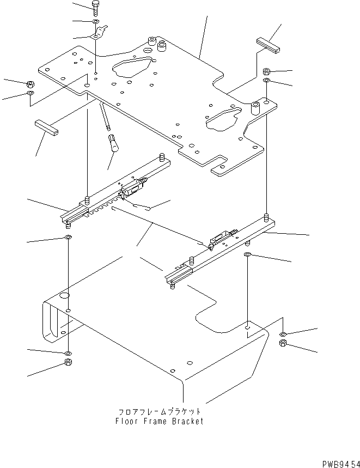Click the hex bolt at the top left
point(95,8)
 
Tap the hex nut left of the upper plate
point(30,84)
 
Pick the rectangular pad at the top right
point(268,45)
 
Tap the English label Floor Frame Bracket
point(159,421)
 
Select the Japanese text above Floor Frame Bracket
point(159,412)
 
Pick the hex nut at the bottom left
point(68,363)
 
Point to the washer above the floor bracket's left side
point(68,238)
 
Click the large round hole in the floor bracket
point(64,295)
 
